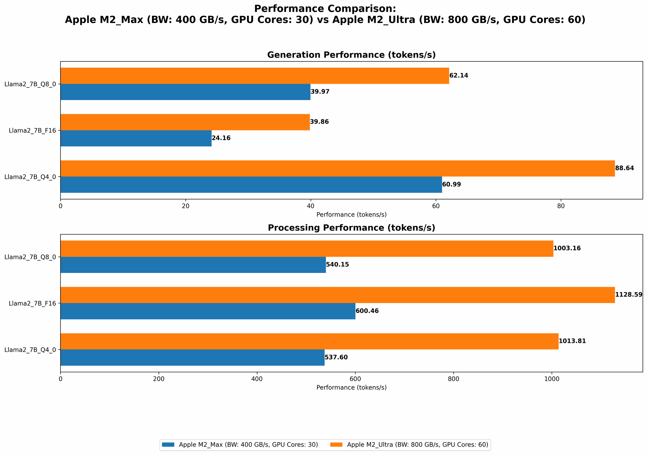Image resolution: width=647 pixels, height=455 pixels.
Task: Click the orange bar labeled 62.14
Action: click(255, 76)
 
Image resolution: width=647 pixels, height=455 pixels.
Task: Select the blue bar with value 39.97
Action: click(185, 92)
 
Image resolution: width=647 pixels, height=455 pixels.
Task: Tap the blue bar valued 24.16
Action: click(136, 138)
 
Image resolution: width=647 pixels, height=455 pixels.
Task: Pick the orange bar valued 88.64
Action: click(337, 168)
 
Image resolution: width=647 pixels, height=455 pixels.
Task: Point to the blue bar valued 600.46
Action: click(208, 311)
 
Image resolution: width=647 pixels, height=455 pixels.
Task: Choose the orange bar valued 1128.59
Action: click(337, 295)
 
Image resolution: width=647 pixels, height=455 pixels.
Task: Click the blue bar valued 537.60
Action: click(192, 357)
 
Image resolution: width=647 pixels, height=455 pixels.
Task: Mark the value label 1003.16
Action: click(567, 248)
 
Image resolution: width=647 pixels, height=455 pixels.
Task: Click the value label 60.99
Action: click(452, 185)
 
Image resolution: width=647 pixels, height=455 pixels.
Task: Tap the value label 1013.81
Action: click(572, 341)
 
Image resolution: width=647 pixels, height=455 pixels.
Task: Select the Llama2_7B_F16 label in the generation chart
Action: click(32, 131)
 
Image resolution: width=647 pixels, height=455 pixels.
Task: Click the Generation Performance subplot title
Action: click(351, 55)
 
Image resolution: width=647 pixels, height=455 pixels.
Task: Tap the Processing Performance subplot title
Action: click(351, 228)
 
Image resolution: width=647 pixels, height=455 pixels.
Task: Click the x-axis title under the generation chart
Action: click(351, 214)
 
